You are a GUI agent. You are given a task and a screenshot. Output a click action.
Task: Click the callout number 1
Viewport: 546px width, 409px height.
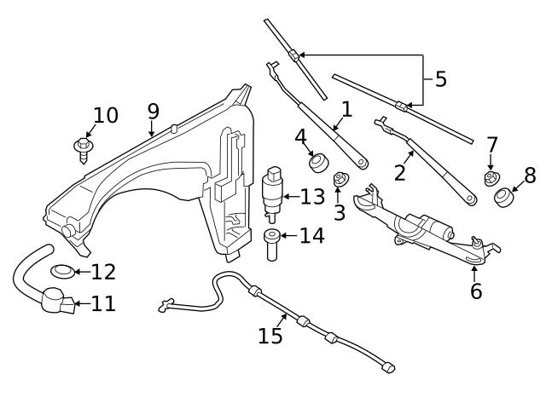click(346, 109)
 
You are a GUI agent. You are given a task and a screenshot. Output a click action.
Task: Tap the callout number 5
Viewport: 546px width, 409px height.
click(440, 79)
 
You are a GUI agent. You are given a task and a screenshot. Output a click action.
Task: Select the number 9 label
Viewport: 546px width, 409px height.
click(153, 111)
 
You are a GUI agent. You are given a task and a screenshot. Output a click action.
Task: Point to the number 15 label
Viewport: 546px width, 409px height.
click(270, 336)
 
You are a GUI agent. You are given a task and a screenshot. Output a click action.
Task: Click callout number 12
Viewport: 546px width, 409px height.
click(102, 272)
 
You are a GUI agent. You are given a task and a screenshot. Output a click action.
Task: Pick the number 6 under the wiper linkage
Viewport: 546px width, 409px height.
click(475, 291)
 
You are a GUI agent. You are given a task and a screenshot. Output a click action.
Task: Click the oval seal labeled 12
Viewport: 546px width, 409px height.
click(62, 272)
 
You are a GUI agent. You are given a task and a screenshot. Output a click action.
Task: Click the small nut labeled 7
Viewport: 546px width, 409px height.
click(491, 178)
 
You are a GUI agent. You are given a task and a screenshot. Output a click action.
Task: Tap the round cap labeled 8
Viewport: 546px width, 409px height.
click(503, 198)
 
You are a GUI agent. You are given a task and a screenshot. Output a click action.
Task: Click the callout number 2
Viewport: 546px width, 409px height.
click(399, 173)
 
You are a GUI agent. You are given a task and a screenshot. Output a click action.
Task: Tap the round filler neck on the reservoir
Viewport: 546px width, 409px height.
click(67, 233)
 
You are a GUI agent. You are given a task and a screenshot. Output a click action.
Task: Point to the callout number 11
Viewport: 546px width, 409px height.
click(103, 303)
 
